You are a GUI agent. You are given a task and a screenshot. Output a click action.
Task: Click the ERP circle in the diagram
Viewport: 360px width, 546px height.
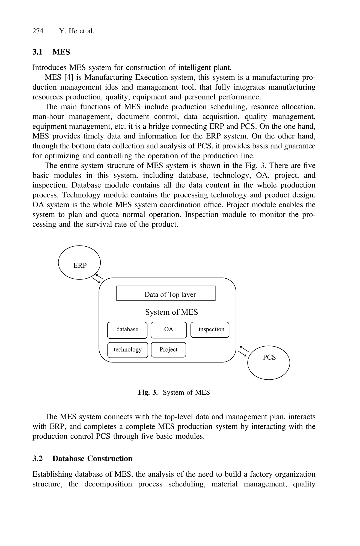pos(79,263)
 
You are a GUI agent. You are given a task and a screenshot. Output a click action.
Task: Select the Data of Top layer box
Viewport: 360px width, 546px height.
pos(166,293)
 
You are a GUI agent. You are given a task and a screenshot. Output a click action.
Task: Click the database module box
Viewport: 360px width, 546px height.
pos(127,330)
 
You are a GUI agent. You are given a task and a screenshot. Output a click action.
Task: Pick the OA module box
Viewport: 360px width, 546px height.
pos(169,330)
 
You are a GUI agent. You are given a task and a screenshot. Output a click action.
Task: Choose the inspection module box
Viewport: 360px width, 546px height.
pos(210,330)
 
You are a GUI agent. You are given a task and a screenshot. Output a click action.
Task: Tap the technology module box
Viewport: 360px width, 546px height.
pos(128,350)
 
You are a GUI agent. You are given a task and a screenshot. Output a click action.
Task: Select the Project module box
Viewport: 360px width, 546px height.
pos(169,350)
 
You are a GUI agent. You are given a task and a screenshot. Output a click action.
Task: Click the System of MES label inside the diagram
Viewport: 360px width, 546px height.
pos(171,312)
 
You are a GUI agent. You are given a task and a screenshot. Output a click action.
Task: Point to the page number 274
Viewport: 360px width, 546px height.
pos(38,31)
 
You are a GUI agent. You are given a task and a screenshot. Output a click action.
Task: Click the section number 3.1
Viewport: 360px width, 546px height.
pos(37,52)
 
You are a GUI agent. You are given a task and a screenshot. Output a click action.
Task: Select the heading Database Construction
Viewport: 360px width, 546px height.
pos(92,459)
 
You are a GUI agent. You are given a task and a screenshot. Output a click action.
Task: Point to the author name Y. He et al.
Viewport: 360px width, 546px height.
pos(77,31)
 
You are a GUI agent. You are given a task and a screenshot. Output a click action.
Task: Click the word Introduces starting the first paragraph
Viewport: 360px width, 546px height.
pos(50,67)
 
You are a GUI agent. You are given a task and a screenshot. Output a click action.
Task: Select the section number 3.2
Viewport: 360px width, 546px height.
pos(37,459)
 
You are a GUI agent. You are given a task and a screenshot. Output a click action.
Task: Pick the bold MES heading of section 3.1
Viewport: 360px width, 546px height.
pos(61,52)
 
